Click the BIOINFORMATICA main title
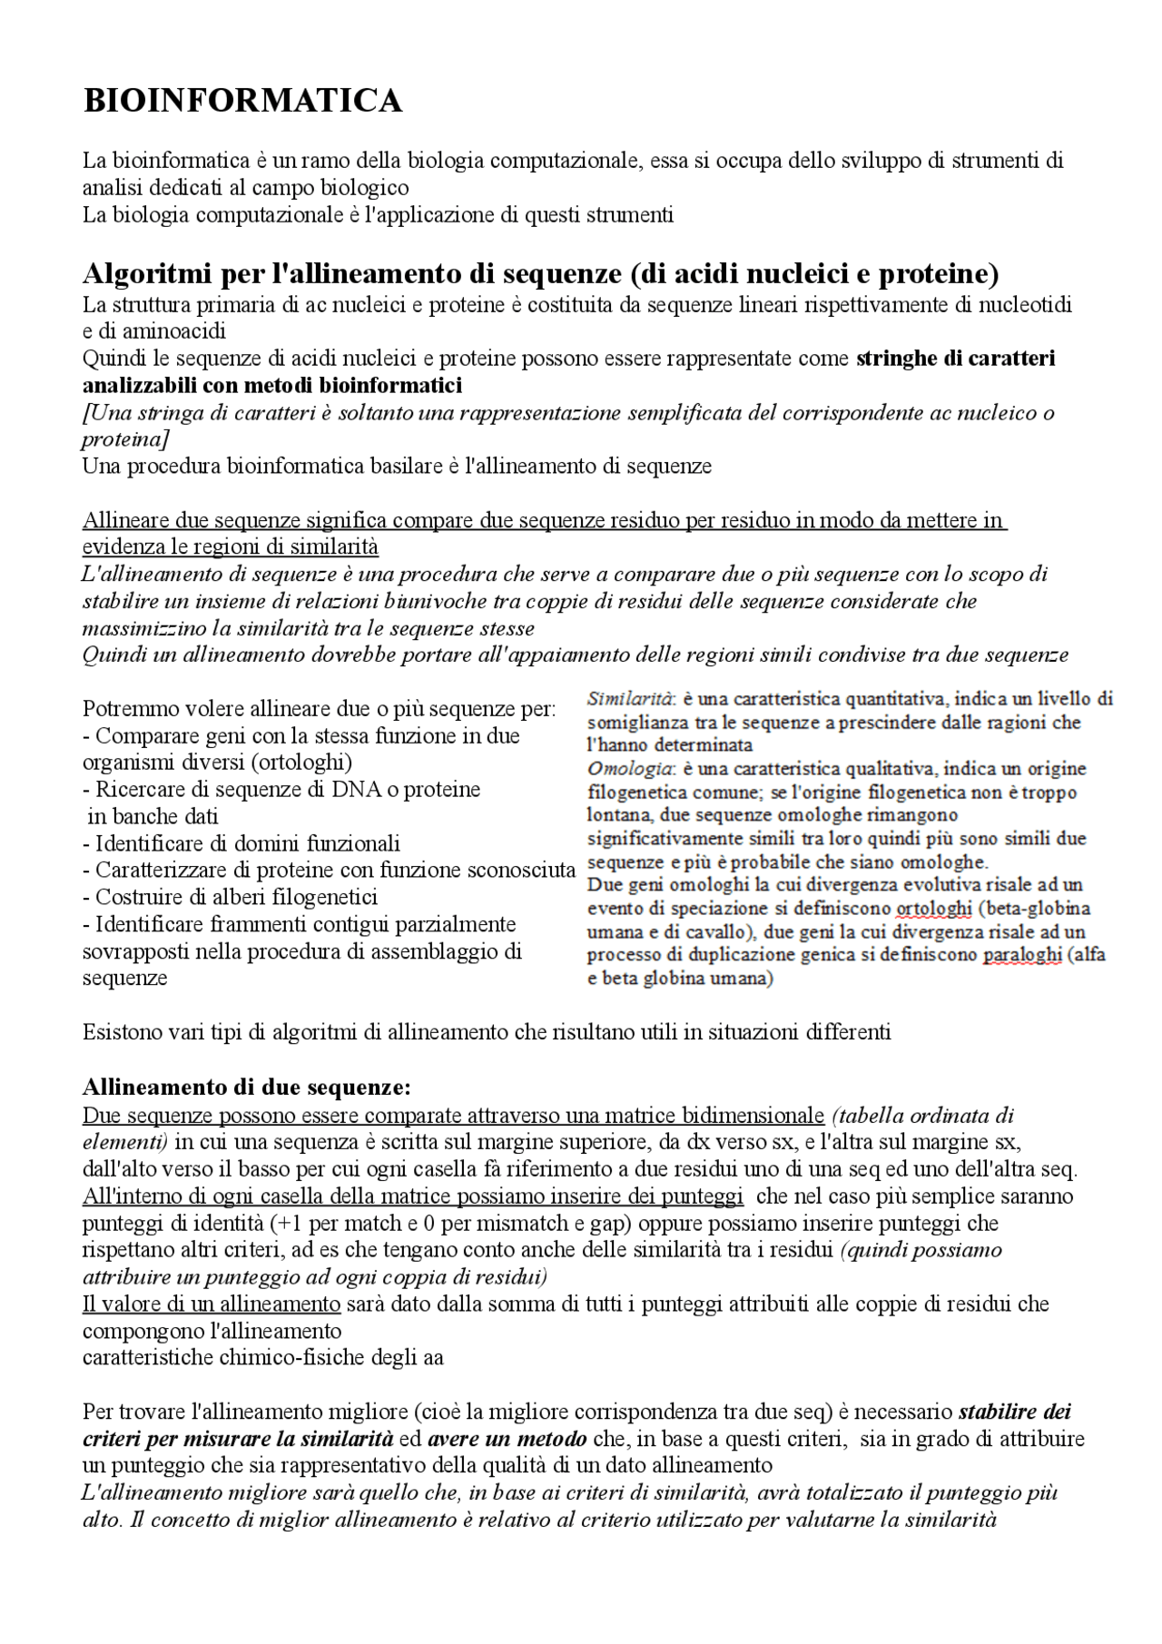[x=242, y=101]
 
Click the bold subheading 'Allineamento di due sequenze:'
[x=247, y=1087]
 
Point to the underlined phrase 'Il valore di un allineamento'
[x=211, y=1304]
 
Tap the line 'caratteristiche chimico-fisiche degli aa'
[x=263, y=1358]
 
